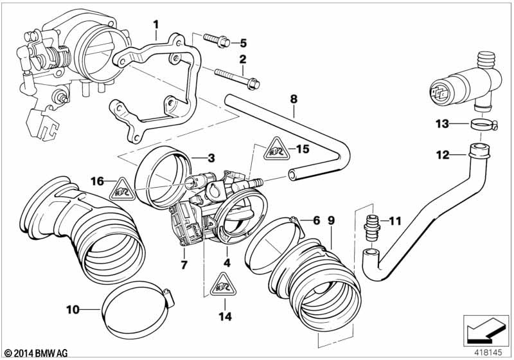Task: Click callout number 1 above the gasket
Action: [156, 24]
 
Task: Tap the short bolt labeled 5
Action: [217, 40]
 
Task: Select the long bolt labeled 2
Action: [236, 78]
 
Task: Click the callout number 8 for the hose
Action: [294, 99]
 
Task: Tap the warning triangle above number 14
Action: [223, 284]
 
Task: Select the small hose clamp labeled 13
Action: [484, 124]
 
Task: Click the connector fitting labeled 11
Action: [372, 227]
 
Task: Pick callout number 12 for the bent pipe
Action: [443, 154]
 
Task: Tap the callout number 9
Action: [331, 221]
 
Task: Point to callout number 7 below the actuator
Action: [184, 264]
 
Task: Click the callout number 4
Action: [227, 263]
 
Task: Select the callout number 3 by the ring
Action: [211, 158]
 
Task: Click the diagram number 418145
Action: [488, 353]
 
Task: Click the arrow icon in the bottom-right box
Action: [485, 330]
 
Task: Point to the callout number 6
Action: [316, 221]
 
